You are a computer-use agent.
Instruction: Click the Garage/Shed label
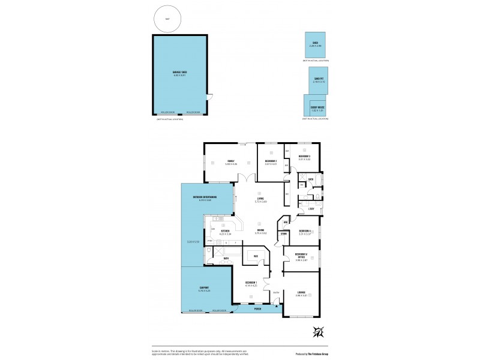coord(180,73)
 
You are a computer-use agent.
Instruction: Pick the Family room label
coord(230,160)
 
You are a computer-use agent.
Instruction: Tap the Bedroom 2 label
coord(271,160)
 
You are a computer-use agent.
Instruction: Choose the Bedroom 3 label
coord(304,157)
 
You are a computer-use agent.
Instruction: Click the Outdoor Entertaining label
coord(205,197)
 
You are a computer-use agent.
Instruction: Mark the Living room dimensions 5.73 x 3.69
coord(260,202)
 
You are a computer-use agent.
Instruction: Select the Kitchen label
coord(226,231)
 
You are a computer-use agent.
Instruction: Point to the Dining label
coord(261,230)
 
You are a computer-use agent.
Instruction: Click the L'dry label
coord(311,209)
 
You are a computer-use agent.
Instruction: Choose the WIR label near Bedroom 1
coord(256,256)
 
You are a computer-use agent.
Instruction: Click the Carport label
coord(204,288)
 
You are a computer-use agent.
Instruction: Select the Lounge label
coord(301,293)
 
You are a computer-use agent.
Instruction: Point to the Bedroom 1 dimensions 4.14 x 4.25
coord(251,286)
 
